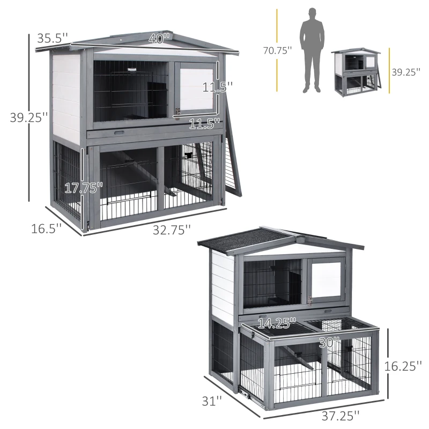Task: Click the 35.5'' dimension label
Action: (53, 39)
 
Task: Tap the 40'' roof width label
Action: (159, 39)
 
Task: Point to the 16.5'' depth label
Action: (46, 229)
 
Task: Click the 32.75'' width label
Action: (172, 230)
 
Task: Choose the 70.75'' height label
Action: (278, 51)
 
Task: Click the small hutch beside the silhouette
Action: (356, 72)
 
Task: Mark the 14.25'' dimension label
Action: (277, 323)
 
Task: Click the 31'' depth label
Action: (212, 401)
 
